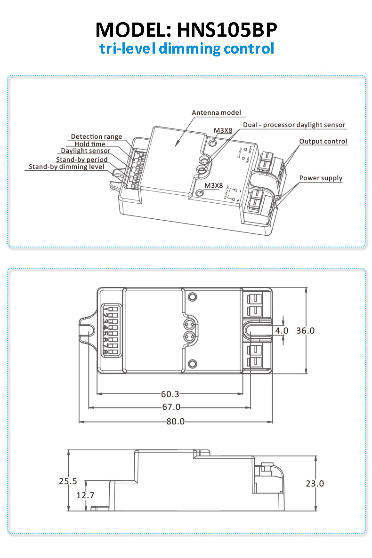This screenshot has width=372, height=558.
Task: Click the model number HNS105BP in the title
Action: pyautogui.click(x=227, y=30)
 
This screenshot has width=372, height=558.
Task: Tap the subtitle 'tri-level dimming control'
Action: pyautogui.click(x=186, y=48)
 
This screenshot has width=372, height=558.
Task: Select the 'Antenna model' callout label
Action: pyautogui.click(x=216, y=113)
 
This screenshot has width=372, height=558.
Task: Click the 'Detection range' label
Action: pyautogui.click(x=97, y=136)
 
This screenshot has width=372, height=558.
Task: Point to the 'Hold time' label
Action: pyautogui.click(x=90, y=144)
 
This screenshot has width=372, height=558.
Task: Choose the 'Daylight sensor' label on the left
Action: pyautogui.click(x=86, y=151)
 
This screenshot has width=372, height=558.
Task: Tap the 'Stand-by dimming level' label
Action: pyautogui.click(x=66, y=167)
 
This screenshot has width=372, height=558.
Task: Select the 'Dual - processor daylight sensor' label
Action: pyautogui.click(x=294, y=125)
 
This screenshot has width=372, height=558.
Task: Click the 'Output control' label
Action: pyautogui.click(x=323, y=141)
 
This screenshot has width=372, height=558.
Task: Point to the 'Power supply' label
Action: pyautogui.click(x=321, y=178)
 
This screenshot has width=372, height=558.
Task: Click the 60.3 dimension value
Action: pyautogui.click(x=170, y=394)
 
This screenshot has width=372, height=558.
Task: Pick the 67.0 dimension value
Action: pyautogui.click(x=170, y=407)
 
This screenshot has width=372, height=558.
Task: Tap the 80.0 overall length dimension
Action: pyautogui.click(x=175, y=422)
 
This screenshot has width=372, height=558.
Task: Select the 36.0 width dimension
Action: pyautogui.click(x=305, y=330)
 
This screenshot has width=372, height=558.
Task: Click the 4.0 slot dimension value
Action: pyautogui.click(x=282, y=330)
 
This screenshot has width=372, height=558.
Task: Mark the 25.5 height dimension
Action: pyautogui.click(x=68, y=481)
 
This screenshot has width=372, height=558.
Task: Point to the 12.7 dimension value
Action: pyautogui.click(x=85, y=495)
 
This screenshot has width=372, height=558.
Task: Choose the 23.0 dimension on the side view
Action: pyautogui.click(x=315, y=483)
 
